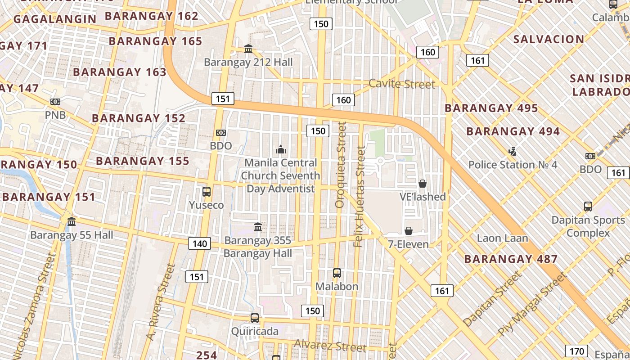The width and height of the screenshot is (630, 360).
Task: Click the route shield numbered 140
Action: [x=199, y=244]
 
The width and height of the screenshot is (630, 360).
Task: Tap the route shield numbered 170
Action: [x=576, y=351]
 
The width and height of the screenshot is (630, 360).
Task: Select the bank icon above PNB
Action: [x=55, y=102]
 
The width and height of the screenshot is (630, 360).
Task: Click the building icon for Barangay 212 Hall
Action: [x=248, y=49]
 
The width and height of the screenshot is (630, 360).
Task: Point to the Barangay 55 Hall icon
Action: [x=72, y=221]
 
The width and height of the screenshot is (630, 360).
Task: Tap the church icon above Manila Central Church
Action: [x=281, y=149]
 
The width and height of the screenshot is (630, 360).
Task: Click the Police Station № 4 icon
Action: [x=512, y=151]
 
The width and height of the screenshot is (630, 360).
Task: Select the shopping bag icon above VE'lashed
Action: [x=423, y=183]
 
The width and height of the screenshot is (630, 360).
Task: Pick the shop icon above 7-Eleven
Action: [x=409, y=231]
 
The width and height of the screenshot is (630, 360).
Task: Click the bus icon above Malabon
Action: [x=337, y=273]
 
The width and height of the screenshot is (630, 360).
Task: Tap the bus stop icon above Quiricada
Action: [x=255, y=318]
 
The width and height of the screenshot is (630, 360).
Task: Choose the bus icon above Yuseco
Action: [x=207, y=192]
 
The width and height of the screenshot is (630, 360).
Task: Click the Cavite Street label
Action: [x=402, y=84]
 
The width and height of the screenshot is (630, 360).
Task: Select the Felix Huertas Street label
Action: [x=359, y=197]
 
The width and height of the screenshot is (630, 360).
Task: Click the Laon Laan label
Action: [x=502, y=238]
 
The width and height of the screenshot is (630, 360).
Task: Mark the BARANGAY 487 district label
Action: [x=511, y=259]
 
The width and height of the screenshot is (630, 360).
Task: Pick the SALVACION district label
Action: [x=549, y=39]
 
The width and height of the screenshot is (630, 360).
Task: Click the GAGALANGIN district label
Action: [x=55, y=19]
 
